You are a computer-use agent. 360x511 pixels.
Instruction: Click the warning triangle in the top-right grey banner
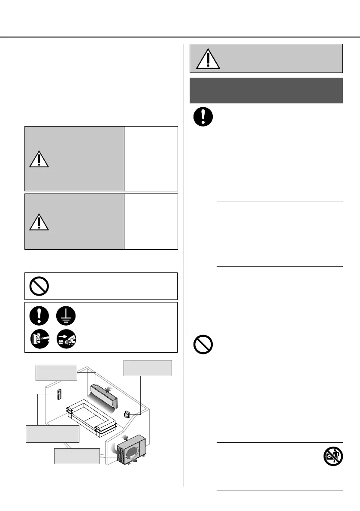[x=208, y=59]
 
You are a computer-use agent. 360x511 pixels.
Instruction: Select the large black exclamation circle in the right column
[x=203, y=117]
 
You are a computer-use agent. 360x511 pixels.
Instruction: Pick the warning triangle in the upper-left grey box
[x=39, y=159]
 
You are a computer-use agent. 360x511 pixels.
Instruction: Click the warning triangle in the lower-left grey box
[x=39, y=221]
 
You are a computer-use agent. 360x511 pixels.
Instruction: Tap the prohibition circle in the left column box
[x=39, y=286]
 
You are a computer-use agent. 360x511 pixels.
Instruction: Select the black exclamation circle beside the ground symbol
[x=39, y=315]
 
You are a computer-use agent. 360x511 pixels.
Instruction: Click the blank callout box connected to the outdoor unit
[x=77, y=456]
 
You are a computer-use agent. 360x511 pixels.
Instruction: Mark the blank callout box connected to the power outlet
[x=148, y=368]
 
